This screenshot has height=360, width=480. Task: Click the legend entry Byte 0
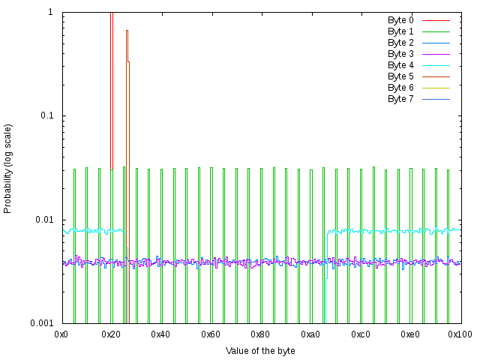tap(400, 20)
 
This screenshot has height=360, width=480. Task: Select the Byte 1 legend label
tap(400, 31)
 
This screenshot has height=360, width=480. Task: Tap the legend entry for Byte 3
tap(400, 54)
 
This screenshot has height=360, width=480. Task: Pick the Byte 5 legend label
tap(400, 76)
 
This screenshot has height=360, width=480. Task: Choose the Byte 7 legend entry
tap(400, 99)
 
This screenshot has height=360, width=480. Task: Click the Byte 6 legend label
tap(400, 88)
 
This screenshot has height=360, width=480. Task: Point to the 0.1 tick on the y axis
tap(45, 116)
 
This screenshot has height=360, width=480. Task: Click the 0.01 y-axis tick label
tap(43, 220)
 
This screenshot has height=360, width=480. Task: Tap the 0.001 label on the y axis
tap(40, 323)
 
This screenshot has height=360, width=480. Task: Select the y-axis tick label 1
tap(50, 13)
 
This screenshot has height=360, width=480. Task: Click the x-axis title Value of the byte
tap(260, 350)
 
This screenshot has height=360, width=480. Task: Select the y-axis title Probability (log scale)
tap(8, 168)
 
